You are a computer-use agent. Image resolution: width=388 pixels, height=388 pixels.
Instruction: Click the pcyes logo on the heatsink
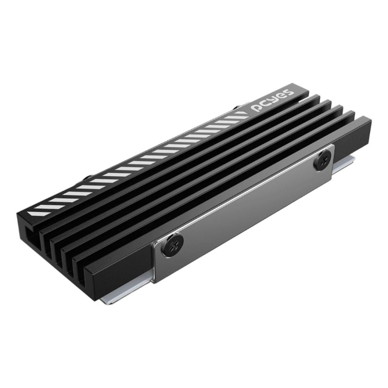click(x=273, y=100)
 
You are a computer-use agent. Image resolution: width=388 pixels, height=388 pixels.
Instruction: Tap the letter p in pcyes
click(x=256, y=107)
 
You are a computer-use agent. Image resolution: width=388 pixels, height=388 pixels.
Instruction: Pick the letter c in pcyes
click(x=265, y=103)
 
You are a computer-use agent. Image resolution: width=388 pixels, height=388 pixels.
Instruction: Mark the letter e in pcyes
click(x=281, y=96)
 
